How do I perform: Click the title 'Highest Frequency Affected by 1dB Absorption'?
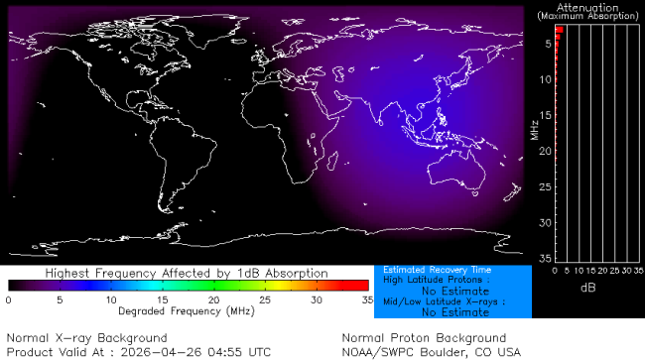click(x=188, y=273)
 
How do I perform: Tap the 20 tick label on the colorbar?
click(x=213, y=300)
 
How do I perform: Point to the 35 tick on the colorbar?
click(x=366, y=300)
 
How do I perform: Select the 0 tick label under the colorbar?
click(x=8, y=300)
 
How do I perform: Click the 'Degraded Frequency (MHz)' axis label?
click(x=187, y=311)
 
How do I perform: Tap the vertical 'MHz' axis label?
click(x=534, y=129)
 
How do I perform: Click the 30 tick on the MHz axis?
click(x=545, y=222)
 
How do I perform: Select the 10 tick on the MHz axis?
click(x=545, y=79)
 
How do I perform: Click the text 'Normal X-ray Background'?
click(x=87, y=338)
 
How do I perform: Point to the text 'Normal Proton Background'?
click(x=424, y=338)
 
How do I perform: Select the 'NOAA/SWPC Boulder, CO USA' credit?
click(x=431, y=352)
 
